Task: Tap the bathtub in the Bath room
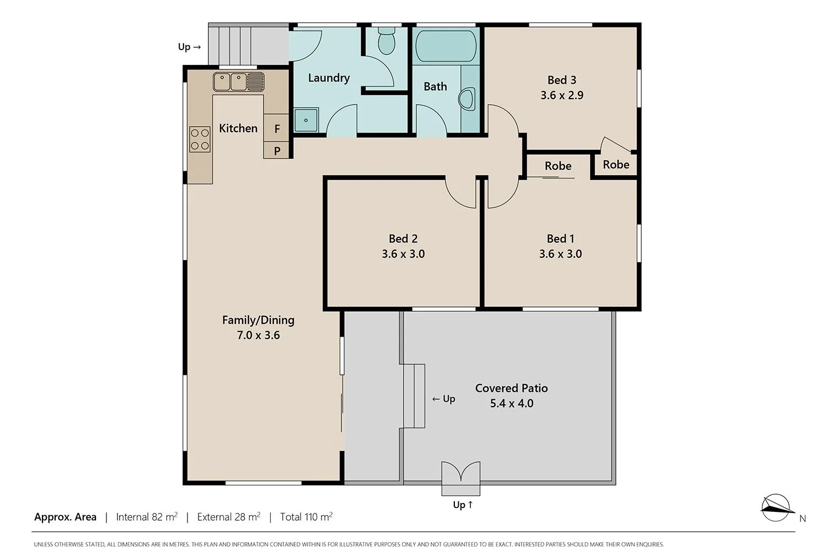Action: [445, 46]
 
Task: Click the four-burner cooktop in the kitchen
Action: [200, 139]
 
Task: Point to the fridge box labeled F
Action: [277, 128]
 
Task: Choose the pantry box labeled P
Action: [277, 150]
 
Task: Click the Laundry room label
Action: [329, 78]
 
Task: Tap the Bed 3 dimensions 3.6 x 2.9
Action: [562, 95]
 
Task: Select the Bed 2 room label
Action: [403, 239]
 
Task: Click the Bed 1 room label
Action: [560, 239]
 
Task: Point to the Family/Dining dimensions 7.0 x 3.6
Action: [258, 335]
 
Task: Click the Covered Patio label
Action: [511, 388]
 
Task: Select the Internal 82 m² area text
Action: [147, 517]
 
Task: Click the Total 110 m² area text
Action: [306, 517]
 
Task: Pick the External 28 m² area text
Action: [228, 517]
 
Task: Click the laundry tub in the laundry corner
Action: [306, 120]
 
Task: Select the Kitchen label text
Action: [238, 128]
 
